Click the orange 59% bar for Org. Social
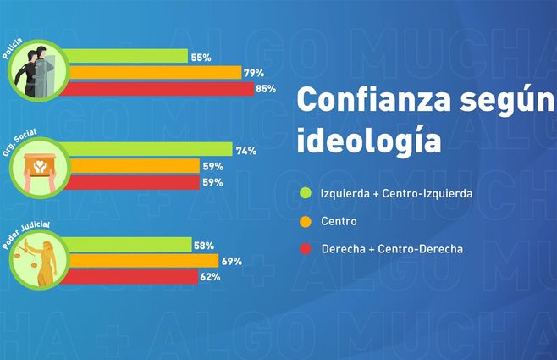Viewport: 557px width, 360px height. (132, 166)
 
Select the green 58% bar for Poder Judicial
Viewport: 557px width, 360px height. (128, 245)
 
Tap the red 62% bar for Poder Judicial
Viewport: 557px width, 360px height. (131, 276)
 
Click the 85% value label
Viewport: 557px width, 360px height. (266, 89)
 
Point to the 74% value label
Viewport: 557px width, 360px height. (246, 151)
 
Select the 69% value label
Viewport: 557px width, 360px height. (232, 261)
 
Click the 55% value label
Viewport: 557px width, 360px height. (201, 58)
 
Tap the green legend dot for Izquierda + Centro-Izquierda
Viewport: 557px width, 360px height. (306, 193)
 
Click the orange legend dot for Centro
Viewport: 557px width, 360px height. (306, 221)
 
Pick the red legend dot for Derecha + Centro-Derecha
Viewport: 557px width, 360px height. (306, 249)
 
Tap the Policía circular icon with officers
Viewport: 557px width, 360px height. (38, 71)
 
